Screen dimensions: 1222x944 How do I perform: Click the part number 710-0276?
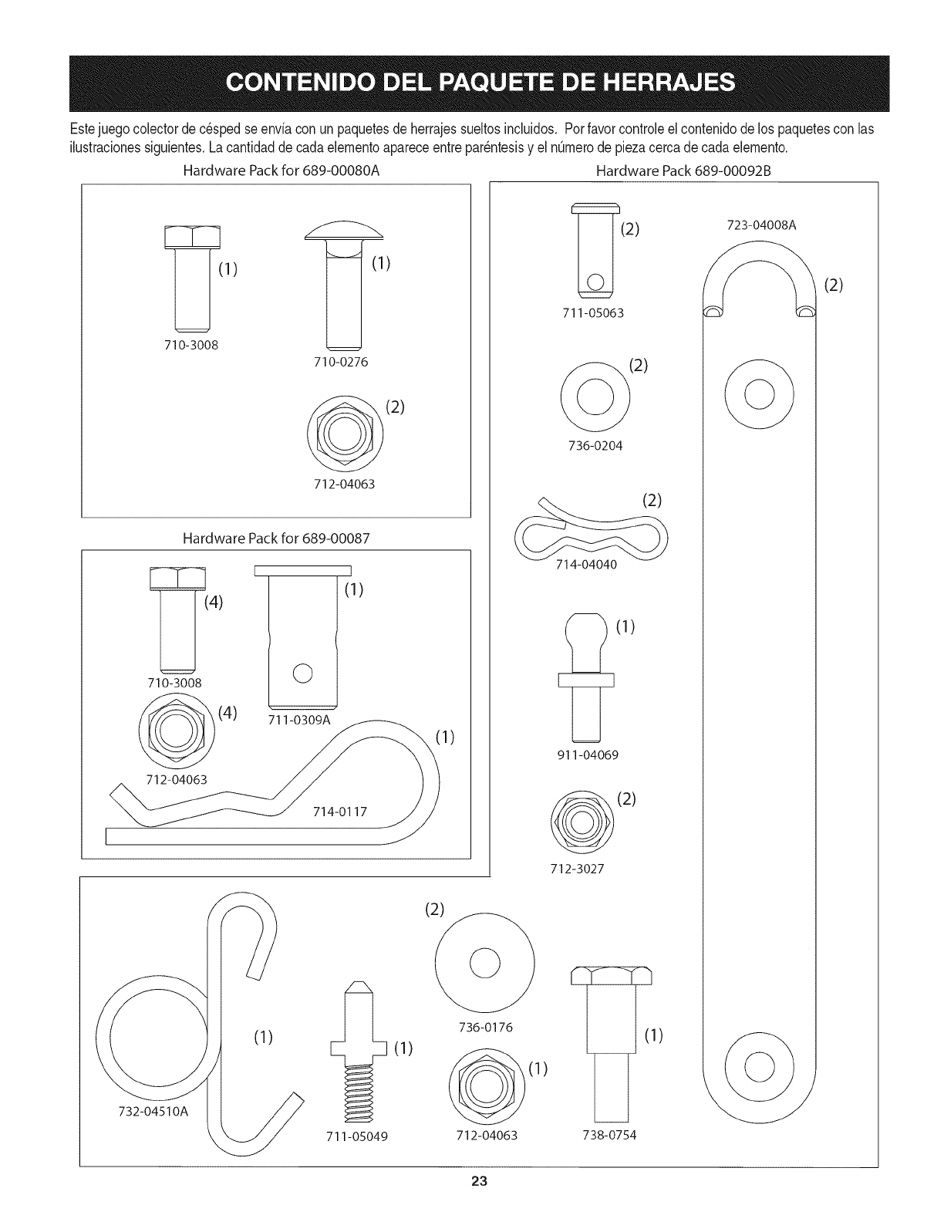click(x=342, y=361)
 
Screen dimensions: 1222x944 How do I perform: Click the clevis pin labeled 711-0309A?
click(x=303, y=636)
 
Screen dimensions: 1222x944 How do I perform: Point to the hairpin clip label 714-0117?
click(x=339, y=812)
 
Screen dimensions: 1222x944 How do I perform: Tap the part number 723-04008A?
click(x=760, y=225)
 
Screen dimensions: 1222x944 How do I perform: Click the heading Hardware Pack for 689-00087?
click(x=276, y=538)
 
